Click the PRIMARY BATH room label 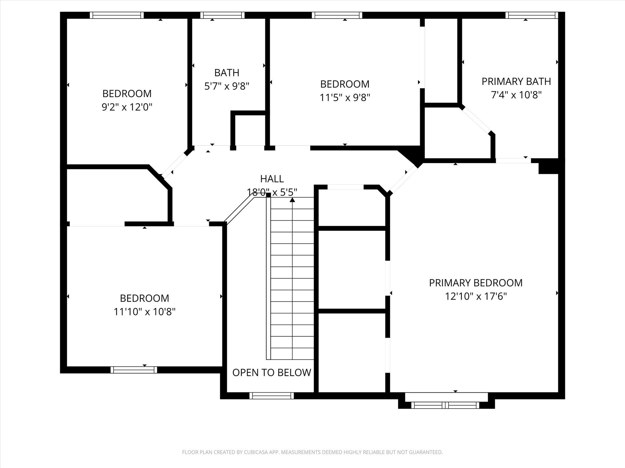click(x=516, y=81)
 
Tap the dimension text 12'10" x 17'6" click(x=475, y=296)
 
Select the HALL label click(x=272, y=179)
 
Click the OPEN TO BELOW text click(x=272, y=372)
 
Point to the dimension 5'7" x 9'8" click(x=226, y=86)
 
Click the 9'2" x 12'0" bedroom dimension click(x=127, y=107)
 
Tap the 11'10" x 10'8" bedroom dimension click(x=144, y=312)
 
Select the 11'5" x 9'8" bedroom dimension click(x=345, y=97)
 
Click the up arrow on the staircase click(x=292, y=200)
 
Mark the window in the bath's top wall click(x=222, y=15)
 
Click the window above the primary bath click(x=531, y=15)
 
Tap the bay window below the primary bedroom click(x=445, y=405)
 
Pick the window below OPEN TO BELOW click(x=272, y=396)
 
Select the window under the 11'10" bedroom click(x=134, y=370)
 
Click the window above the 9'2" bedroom click(x=117, y=15)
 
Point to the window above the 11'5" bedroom click(x=337, y=15)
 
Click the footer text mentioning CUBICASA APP click(x=312, y=452)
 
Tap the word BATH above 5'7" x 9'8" click(x=226, y=73)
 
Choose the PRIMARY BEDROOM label click(x=475, y=283)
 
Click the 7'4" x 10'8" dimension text click(x=516, y=95)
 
